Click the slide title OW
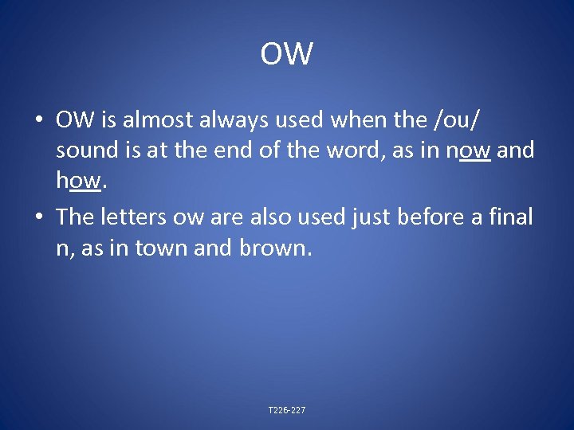click(x=287, y=55)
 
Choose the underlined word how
click(x=79, y=182)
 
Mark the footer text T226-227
click(x=287, y=410)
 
